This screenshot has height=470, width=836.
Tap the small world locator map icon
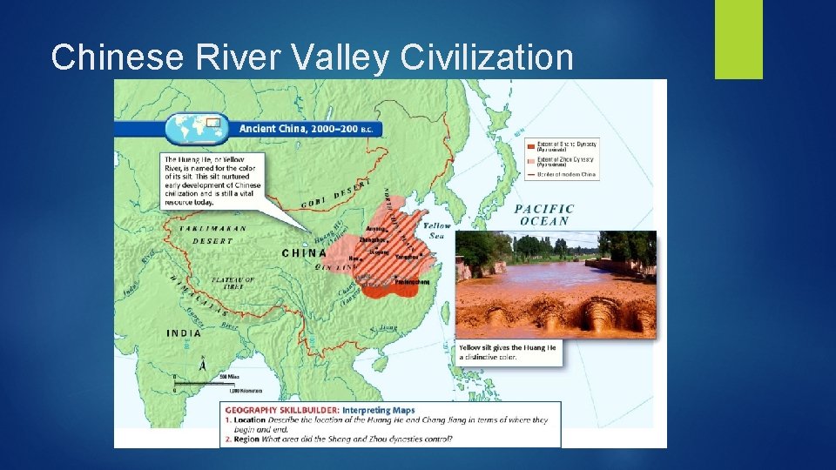point(198,127)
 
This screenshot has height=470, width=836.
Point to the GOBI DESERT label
point(336,193)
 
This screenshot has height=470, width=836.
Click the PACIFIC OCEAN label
point(544,214)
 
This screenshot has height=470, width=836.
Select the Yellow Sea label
point(438,230)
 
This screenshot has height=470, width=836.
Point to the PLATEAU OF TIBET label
point(233,282)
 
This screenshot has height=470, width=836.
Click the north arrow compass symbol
point(203,366)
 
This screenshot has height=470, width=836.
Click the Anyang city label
point(376,229)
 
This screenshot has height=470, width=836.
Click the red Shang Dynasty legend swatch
point(530,143)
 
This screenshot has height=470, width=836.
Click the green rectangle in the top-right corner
point(738,39)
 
